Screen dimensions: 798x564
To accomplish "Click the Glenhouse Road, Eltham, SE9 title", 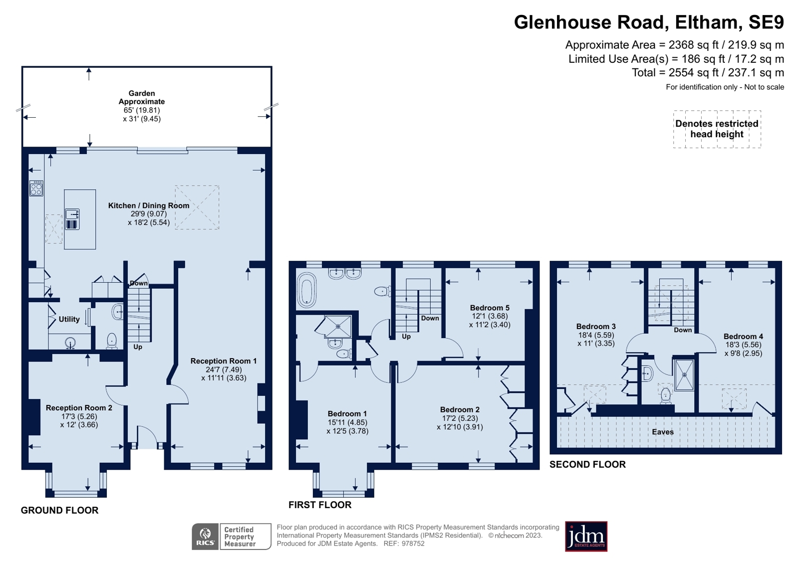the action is tap(649, 22).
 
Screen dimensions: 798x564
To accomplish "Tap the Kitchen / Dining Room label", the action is tap(149, 205).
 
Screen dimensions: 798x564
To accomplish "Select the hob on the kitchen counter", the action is tap(36, 188).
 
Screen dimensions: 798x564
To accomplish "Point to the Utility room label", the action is tap(69, 319).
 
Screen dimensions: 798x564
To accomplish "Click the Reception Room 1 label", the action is tap(224, 361).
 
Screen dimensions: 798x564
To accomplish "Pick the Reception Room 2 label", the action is tap(79, 408).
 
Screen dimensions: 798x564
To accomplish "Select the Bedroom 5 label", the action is tap(490, 308).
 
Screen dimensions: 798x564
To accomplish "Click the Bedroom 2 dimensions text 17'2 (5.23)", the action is tap(460, 418).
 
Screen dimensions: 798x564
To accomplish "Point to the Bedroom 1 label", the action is tap(347, 413).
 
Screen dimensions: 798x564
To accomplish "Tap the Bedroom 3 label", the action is tap(596, 326).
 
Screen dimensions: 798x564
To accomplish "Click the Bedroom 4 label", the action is tap(743, 336).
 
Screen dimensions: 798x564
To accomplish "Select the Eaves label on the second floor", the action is tap(663, 432).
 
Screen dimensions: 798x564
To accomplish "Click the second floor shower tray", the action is tap(684, 375).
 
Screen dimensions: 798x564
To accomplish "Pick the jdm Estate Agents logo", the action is tap(586, 536).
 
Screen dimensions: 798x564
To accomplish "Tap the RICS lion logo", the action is tap(205, 537).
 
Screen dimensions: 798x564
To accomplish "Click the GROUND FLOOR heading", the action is tap(59, 510).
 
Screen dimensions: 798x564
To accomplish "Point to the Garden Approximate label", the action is tap(141, 97).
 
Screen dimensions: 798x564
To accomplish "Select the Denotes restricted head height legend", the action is tap(717, 129).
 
